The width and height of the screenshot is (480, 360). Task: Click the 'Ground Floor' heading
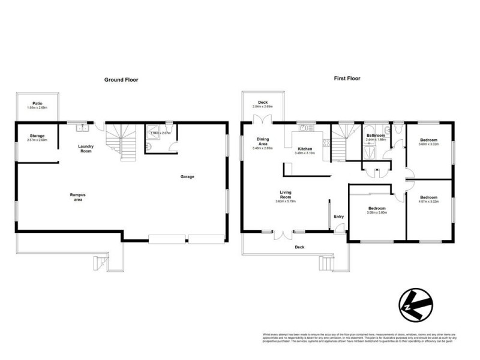point(121,79)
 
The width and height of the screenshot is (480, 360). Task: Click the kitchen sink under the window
point(304,127)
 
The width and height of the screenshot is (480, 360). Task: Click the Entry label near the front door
point(339,217)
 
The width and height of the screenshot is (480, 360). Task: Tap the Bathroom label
point(376,136)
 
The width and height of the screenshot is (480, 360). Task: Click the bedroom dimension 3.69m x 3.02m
point(428,144)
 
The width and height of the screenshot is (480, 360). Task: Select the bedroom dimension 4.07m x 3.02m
point(428,201)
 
